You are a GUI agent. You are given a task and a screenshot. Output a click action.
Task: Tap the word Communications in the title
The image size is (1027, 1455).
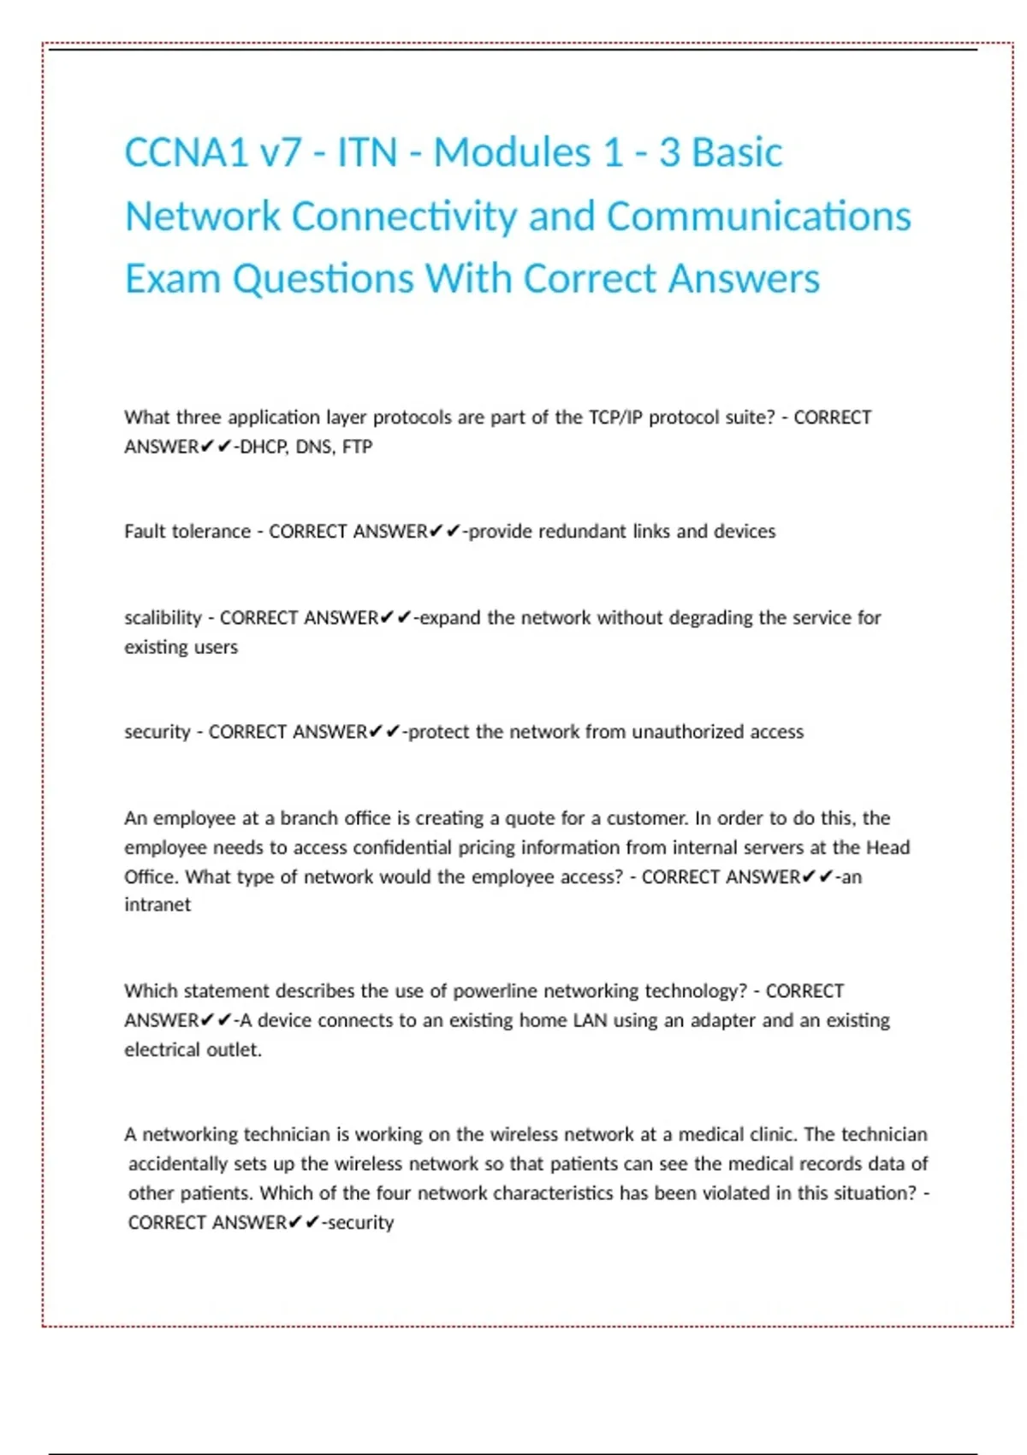tap(758, 217)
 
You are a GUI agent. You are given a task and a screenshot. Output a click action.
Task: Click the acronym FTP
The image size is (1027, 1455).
tap(357, 447)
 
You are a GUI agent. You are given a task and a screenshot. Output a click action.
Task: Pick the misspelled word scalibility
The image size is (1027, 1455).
tap(163, 618)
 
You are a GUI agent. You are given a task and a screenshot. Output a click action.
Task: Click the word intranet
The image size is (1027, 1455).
tap(157, 905)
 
